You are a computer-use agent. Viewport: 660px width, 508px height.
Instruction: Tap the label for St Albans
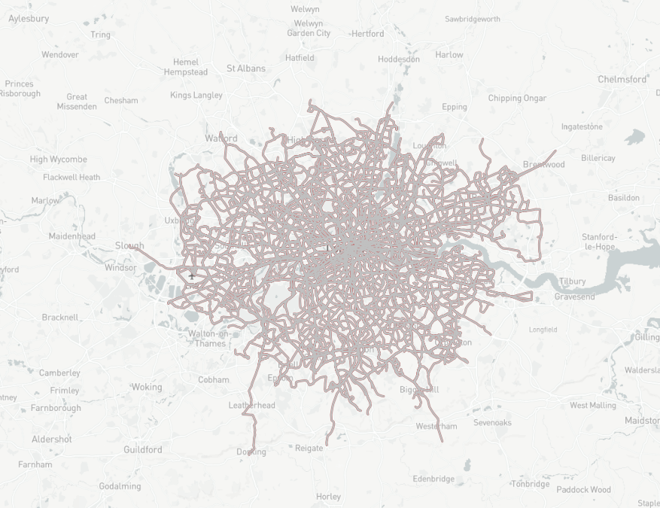(245, 68)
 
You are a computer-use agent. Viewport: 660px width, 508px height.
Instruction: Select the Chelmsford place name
(622, 79)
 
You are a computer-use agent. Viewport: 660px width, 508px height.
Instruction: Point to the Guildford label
(142, 449)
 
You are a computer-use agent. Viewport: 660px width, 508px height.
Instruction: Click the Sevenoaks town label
(492, 422)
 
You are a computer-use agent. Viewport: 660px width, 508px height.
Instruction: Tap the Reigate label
(309, 448)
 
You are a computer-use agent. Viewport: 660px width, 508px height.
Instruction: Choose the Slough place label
(129, 246)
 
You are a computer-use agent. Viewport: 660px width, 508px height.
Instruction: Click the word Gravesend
(574, 297)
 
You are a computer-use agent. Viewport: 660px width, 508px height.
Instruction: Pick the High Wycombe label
(58, 160)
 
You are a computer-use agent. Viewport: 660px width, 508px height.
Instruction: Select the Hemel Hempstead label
(185, 67)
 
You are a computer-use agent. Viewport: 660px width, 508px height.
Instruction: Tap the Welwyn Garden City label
(309, 27)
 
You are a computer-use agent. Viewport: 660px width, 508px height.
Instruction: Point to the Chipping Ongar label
(517, 99)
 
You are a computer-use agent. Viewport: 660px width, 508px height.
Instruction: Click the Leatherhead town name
(251, 405)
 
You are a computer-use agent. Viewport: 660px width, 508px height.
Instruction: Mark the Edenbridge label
(433, 479)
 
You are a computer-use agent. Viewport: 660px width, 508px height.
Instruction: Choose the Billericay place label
(598, 158)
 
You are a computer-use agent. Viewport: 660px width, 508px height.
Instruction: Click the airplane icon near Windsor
(192, 276)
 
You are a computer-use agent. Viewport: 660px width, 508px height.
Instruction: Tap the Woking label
(146, 387)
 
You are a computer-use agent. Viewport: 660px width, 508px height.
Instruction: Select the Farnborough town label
(56, 408)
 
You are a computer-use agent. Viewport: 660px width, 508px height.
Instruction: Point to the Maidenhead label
(71, 236)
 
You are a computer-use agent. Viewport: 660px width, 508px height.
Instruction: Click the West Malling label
(592, 405)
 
